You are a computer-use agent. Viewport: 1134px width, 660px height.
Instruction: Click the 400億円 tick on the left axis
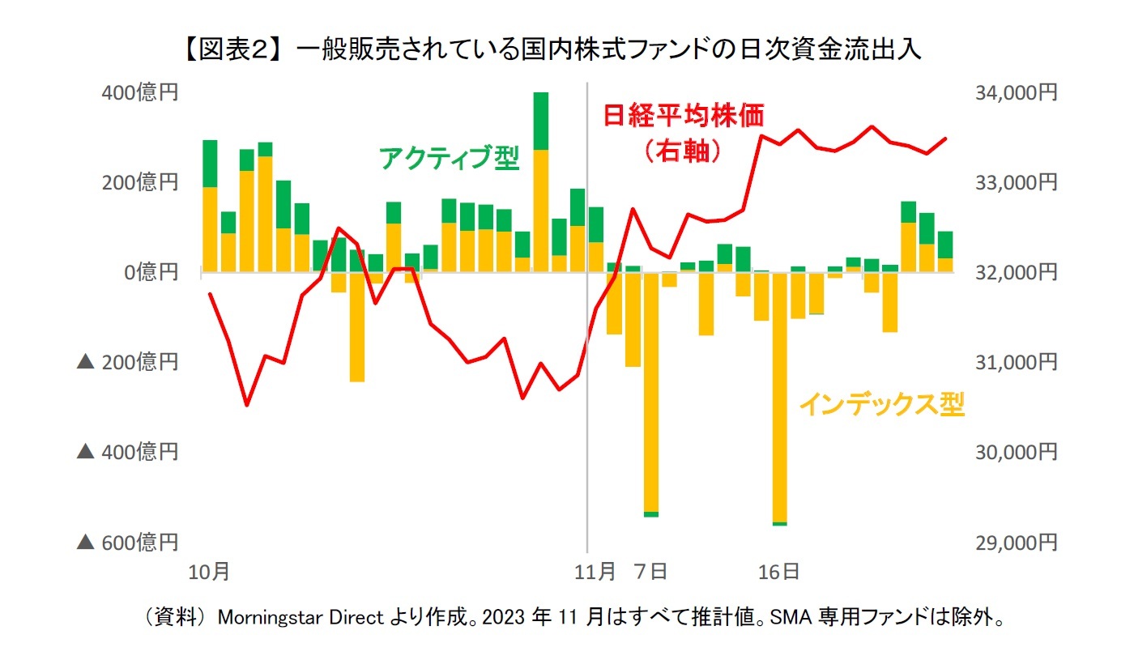click(x=139, y=93)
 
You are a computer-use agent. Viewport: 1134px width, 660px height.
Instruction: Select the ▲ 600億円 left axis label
click(x=127, y=542)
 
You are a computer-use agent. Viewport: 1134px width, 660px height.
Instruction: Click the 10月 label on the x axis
click(x=209, y=573)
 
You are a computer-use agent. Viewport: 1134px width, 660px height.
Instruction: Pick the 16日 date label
click(x=780, y=573)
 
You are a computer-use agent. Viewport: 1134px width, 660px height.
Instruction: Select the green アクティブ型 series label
click(x=449, y=158)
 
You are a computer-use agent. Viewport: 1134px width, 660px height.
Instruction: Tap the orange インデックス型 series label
click(x=881, y=404)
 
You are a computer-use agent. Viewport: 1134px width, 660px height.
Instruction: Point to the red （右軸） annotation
click(x=682, y=151)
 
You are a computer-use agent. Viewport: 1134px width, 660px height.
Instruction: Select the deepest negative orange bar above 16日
click(x=780, y=397)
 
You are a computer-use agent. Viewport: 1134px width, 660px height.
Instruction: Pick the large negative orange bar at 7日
click(x=651, y=393)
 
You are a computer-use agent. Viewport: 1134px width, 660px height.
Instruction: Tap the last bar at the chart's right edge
click(x=945, y=253)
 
